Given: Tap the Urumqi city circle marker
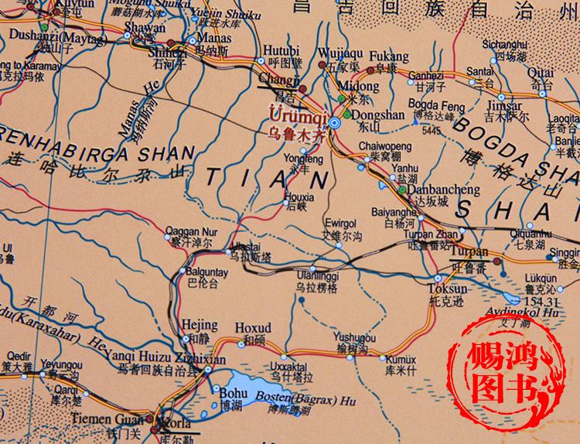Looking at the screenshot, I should [x=334, y=122].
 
